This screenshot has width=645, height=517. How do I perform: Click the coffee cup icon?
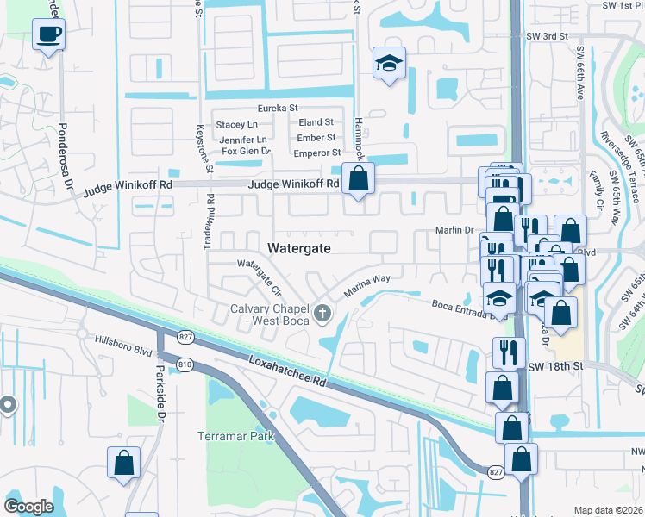[x=48, y=35]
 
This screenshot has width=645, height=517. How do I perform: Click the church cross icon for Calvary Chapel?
[x=323, y=313]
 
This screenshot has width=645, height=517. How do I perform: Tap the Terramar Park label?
[x=235, y=436]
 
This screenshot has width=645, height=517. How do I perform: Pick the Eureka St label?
[x=279, y=109]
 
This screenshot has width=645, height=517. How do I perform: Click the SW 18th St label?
[x=555, y=366]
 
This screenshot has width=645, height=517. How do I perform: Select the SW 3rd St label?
[x=547, y=36]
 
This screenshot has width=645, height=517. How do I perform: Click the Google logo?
[x=28, y=507]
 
